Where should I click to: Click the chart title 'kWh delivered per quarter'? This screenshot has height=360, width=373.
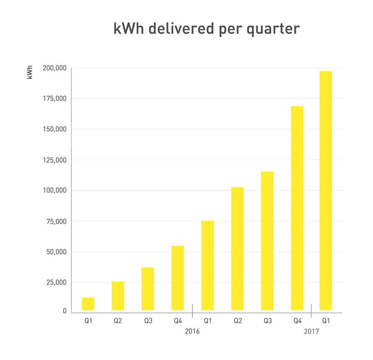coord(206,28)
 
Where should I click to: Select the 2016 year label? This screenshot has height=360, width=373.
coord(192,331)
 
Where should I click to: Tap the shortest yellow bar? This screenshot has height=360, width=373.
coord(88,304)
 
